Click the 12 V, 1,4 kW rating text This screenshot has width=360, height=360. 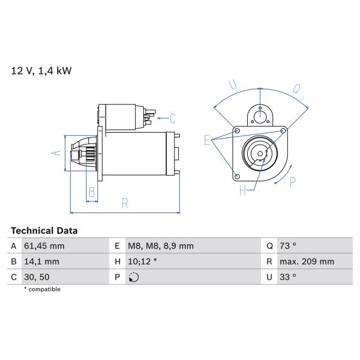pyautogui.click(x=41, y=71)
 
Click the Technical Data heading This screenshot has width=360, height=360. pyautogui.click(x=44, y=230)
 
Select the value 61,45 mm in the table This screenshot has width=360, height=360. pyautogui.click(x=44, y=246)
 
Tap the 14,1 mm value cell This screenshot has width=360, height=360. pyautogui.click(x=41, y=262)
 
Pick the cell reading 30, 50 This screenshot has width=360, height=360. pyautogui.click(x=37, y=277)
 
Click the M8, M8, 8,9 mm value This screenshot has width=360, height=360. pyautogui.click(x=160, y=246)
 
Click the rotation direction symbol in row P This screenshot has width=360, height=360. pyautogui.click(x=134, y=277)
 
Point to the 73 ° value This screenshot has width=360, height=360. pyautogui.click(x=290, y=246)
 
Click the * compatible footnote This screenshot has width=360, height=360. pyautogui.click(x=42, y=289)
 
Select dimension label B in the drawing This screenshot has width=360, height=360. pyautogui.click(x=92, y=192)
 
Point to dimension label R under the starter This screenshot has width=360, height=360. pyautogui.click(x=125, y=203)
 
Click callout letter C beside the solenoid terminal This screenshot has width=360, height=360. pyautogui.click(x=172, y=117)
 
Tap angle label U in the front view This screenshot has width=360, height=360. pyautogui.click(x=233, y=86)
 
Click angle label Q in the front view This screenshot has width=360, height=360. pyautogui.click(x=296, y=89)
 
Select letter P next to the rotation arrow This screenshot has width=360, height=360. pyautogui.click(x=293, y=182)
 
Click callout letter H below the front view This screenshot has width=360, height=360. pyautogui.click(x=242, y=191)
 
